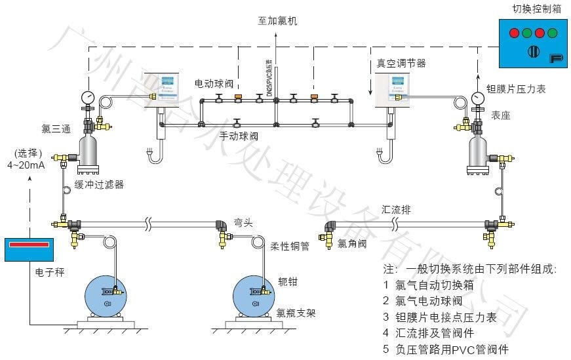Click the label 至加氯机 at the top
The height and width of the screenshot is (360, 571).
(277, 20)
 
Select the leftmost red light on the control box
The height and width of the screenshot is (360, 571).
(513, 33)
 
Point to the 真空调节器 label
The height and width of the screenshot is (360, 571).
(401, 64)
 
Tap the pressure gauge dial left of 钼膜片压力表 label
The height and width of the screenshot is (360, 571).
(477, 98)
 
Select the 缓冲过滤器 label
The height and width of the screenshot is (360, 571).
(99, 184)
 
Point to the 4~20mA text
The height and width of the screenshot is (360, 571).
(27, 165)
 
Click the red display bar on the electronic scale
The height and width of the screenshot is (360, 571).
(30, 245)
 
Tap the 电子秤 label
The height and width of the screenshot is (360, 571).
(47, 270)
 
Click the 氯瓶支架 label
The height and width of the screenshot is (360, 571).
(296, 313)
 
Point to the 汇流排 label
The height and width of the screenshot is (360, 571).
(396, 210)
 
